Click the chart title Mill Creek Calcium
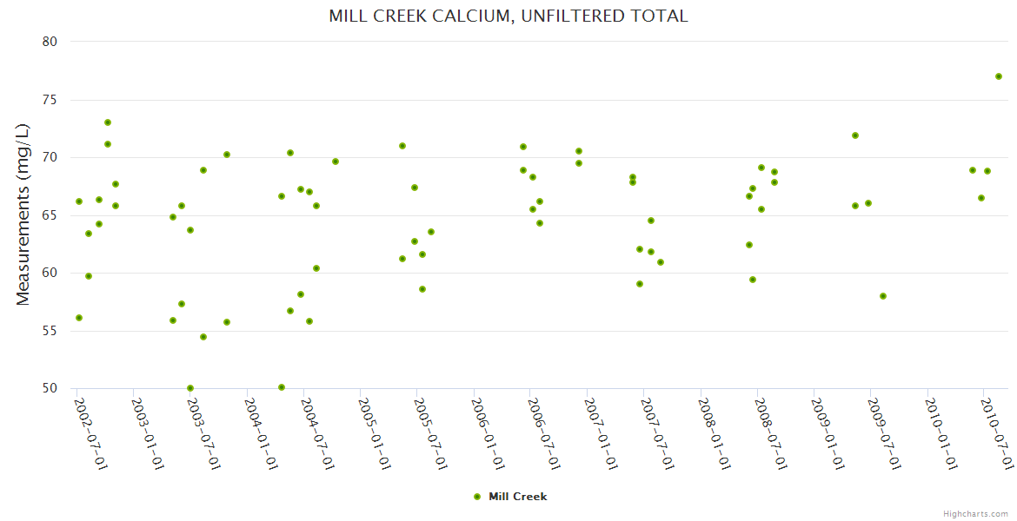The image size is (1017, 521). pos(508,16)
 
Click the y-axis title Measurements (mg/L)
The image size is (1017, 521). pos(23,214)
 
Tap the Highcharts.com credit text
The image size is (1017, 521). pos(975,514)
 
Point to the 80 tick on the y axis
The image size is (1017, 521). pos(50,42)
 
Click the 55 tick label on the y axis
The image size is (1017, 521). pos(50,331)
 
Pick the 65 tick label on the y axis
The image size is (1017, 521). pos(50,215)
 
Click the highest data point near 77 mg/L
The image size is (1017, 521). pos(999,76)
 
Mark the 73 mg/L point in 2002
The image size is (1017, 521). pos(108,122)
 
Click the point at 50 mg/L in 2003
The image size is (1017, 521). pos(190,388)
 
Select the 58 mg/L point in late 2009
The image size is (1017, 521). pos(883,296)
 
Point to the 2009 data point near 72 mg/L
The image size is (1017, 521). pos(855,135)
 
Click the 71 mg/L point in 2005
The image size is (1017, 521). pos(402,146)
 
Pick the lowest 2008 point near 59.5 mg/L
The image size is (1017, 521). pos(753,280)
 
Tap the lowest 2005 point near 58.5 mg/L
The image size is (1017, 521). pos(422,289)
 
